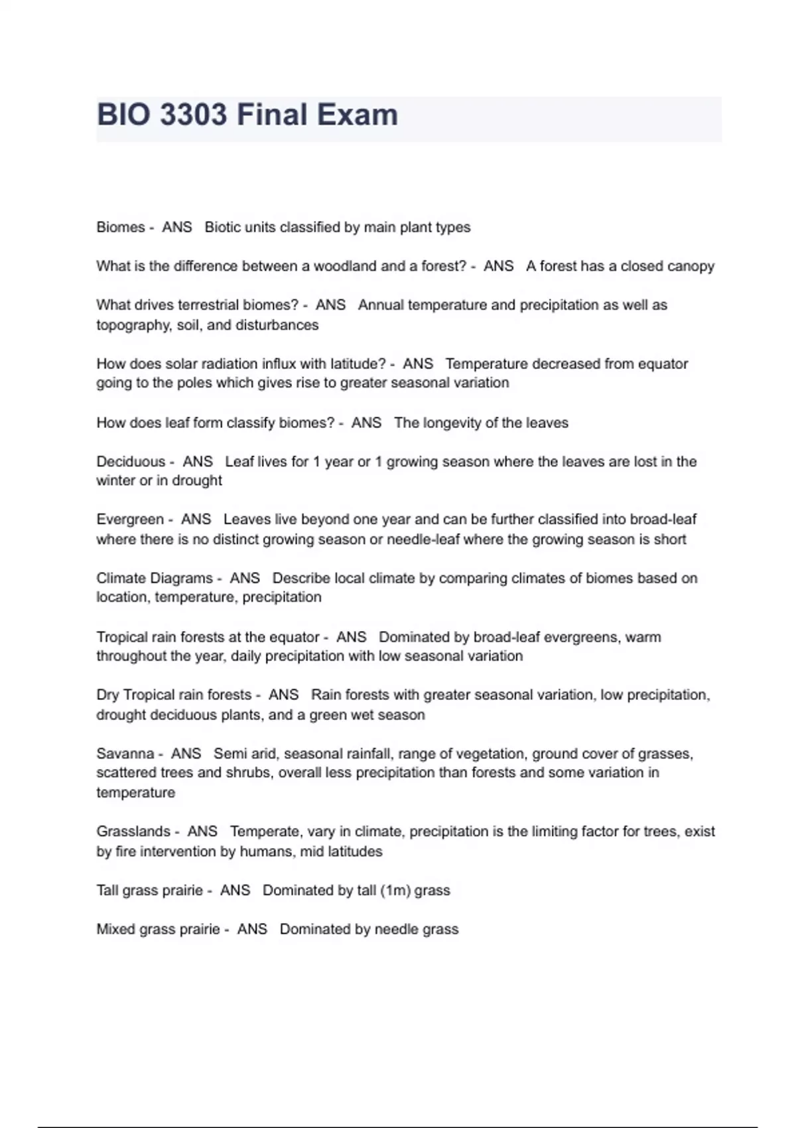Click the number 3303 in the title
coord(194,115)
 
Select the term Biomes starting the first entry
coord(121,227)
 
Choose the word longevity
coord(452,423)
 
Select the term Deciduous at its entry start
coord(131,461)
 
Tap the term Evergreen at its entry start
coord(130,519)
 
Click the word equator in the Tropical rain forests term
coord(293,637)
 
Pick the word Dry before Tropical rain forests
coord(107,695)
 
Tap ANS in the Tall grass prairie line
coord(235,890)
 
